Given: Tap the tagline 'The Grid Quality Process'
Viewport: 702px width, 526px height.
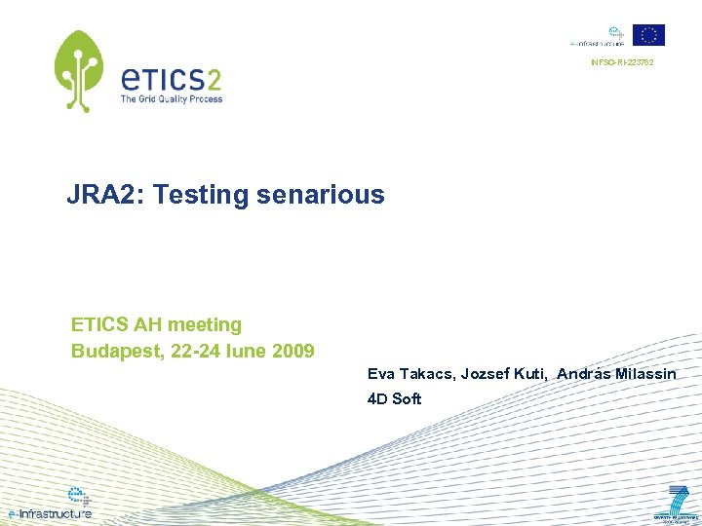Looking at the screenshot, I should (x=172, y=98).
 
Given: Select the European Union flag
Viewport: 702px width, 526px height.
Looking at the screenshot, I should (x=648, y=35).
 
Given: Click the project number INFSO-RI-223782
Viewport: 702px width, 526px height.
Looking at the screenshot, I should (x=622, y=63).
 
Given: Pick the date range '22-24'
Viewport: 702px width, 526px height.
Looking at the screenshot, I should (x=194, y=351).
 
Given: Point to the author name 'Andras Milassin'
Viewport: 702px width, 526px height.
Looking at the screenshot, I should (x=617, y=374).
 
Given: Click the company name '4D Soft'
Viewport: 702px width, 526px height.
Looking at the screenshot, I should (x=394, y=398).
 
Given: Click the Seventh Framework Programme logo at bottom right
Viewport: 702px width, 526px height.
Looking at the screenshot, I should (x=677, y=504).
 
